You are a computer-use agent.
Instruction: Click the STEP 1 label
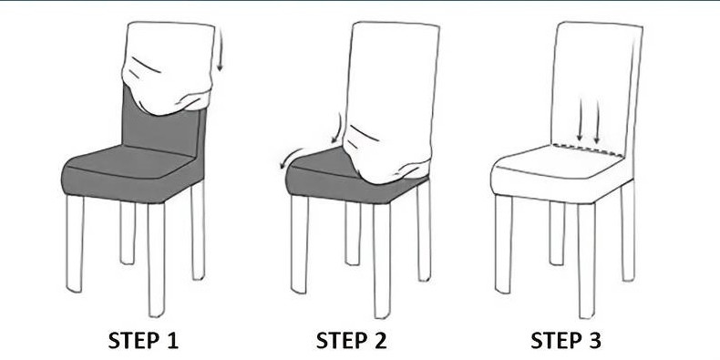coord(143,341)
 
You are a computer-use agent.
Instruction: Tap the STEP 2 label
coord(351,341)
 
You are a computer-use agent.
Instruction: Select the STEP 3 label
coord(565,341)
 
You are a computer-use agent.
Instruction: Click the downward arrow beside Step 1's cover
coord(220,49)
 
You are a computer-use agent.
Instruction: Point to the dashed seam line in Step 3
coord(588,150)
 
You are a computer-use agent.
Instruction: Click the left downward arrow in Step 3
coord(580,119)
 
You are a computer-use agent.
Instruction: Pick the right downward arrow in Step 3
coord(597,121)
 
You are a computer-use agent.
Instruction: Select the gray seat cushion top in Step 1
coord(129,161)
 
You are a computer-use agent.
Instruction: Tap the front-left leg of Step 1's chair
coord(76,243)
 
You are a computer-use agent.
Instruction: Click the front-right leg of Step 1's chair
coord(156,260)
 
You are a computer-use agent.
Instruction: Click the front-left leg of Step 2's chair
coord(299,244)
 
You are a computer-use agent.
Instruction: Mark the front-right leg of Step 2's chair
coord(381,261)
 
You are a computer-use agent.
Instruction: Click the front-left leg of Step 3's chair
coord(504,244)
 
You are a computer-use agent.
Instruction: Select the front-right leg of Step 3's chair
coord(586,261)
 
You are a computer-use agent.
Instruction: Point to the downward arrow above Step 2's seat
coord(337,129)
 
